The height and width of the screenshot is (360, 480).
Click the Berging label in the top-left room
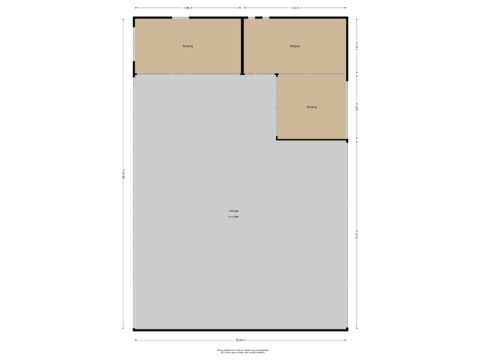pos(188,46)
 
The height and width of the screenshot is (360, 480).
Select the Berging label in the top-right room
pos(295,46)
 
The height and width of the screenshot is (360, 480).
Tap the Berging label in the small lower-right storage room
pos(311,107)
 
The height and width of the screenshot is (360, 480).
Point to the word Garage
pos(233,211)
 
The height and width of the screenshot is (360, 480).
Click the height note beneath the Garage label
pos(233,217)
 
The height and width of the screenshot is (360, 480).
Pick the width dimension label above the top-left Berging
pos(188,8)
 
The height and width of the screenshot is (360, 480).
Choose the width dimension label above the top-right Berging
pos(295,8)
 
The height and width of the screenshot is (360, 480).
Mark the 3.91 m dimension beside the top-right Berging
pos(357,46)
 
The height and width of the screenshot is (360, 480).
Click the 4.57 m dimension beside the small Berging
pos(357,107)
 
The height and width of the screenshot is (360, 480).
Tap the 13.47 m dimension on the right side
pos(357,235)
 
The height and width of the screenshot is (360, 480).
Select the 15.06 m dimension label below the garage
pos(240,340)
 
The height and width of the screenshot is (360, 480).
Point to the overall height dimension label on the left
pos(123,173)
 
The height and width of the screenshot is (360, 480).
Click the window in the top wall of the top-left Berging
pos(180,17)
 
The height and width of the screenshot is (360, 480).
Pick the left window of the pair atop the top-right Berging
pos(251,17)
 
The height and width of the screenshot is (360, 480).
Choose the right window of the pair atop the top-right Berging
pos(265,17)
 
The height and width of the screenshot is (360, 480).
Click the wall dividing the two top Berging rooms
pos(241,45)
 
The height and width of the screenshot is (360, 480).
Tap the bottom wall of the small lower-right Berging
pos(312,139)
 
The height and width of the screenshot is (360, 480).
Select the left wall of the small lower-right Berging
pos(277,107)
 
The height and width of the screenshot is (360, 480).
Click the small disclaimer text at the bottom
pos(242,351)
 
